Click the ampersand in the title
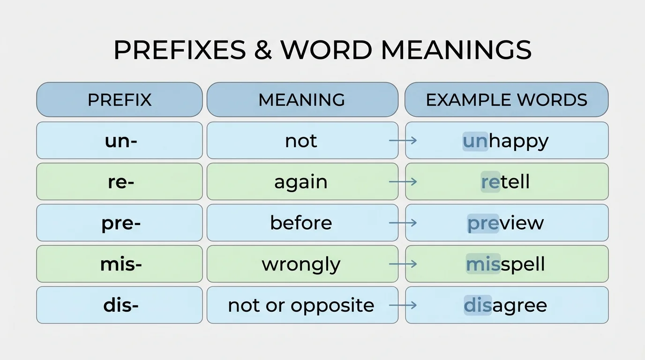click(x=263, y=50)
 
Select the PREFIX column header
click(x=120, y=100)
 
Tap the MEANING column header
click(x=302, y=100)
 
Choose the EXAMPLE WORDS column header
click(x=506, y=100)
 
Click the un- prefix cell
click(x=120, y=141)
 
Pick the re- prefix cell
click(x=120, y=182)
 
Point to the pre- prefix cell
click(x=120, y=223)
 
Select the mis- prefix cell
click(x=120, y=264)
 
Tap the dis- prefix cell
click(x=120, y=305)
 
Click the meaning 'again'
click(x=301, y=182)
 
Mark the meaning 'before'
click(x=301, y=223)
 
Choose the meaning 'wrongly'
click(x=301, y=264)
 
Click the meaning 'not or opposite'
click(x=301, y=305)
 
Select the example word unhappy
click(x=506, y=141)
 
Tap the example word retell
click(x=506, y=182)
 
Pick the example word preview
click(x=506, y=223)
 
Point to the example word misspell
click(x=506, y=264)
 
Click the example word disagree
click(x=506, y=305)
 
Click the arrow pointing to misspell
click(x=403, y=264)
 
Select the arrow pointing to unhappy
click(x=403, y=141)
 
